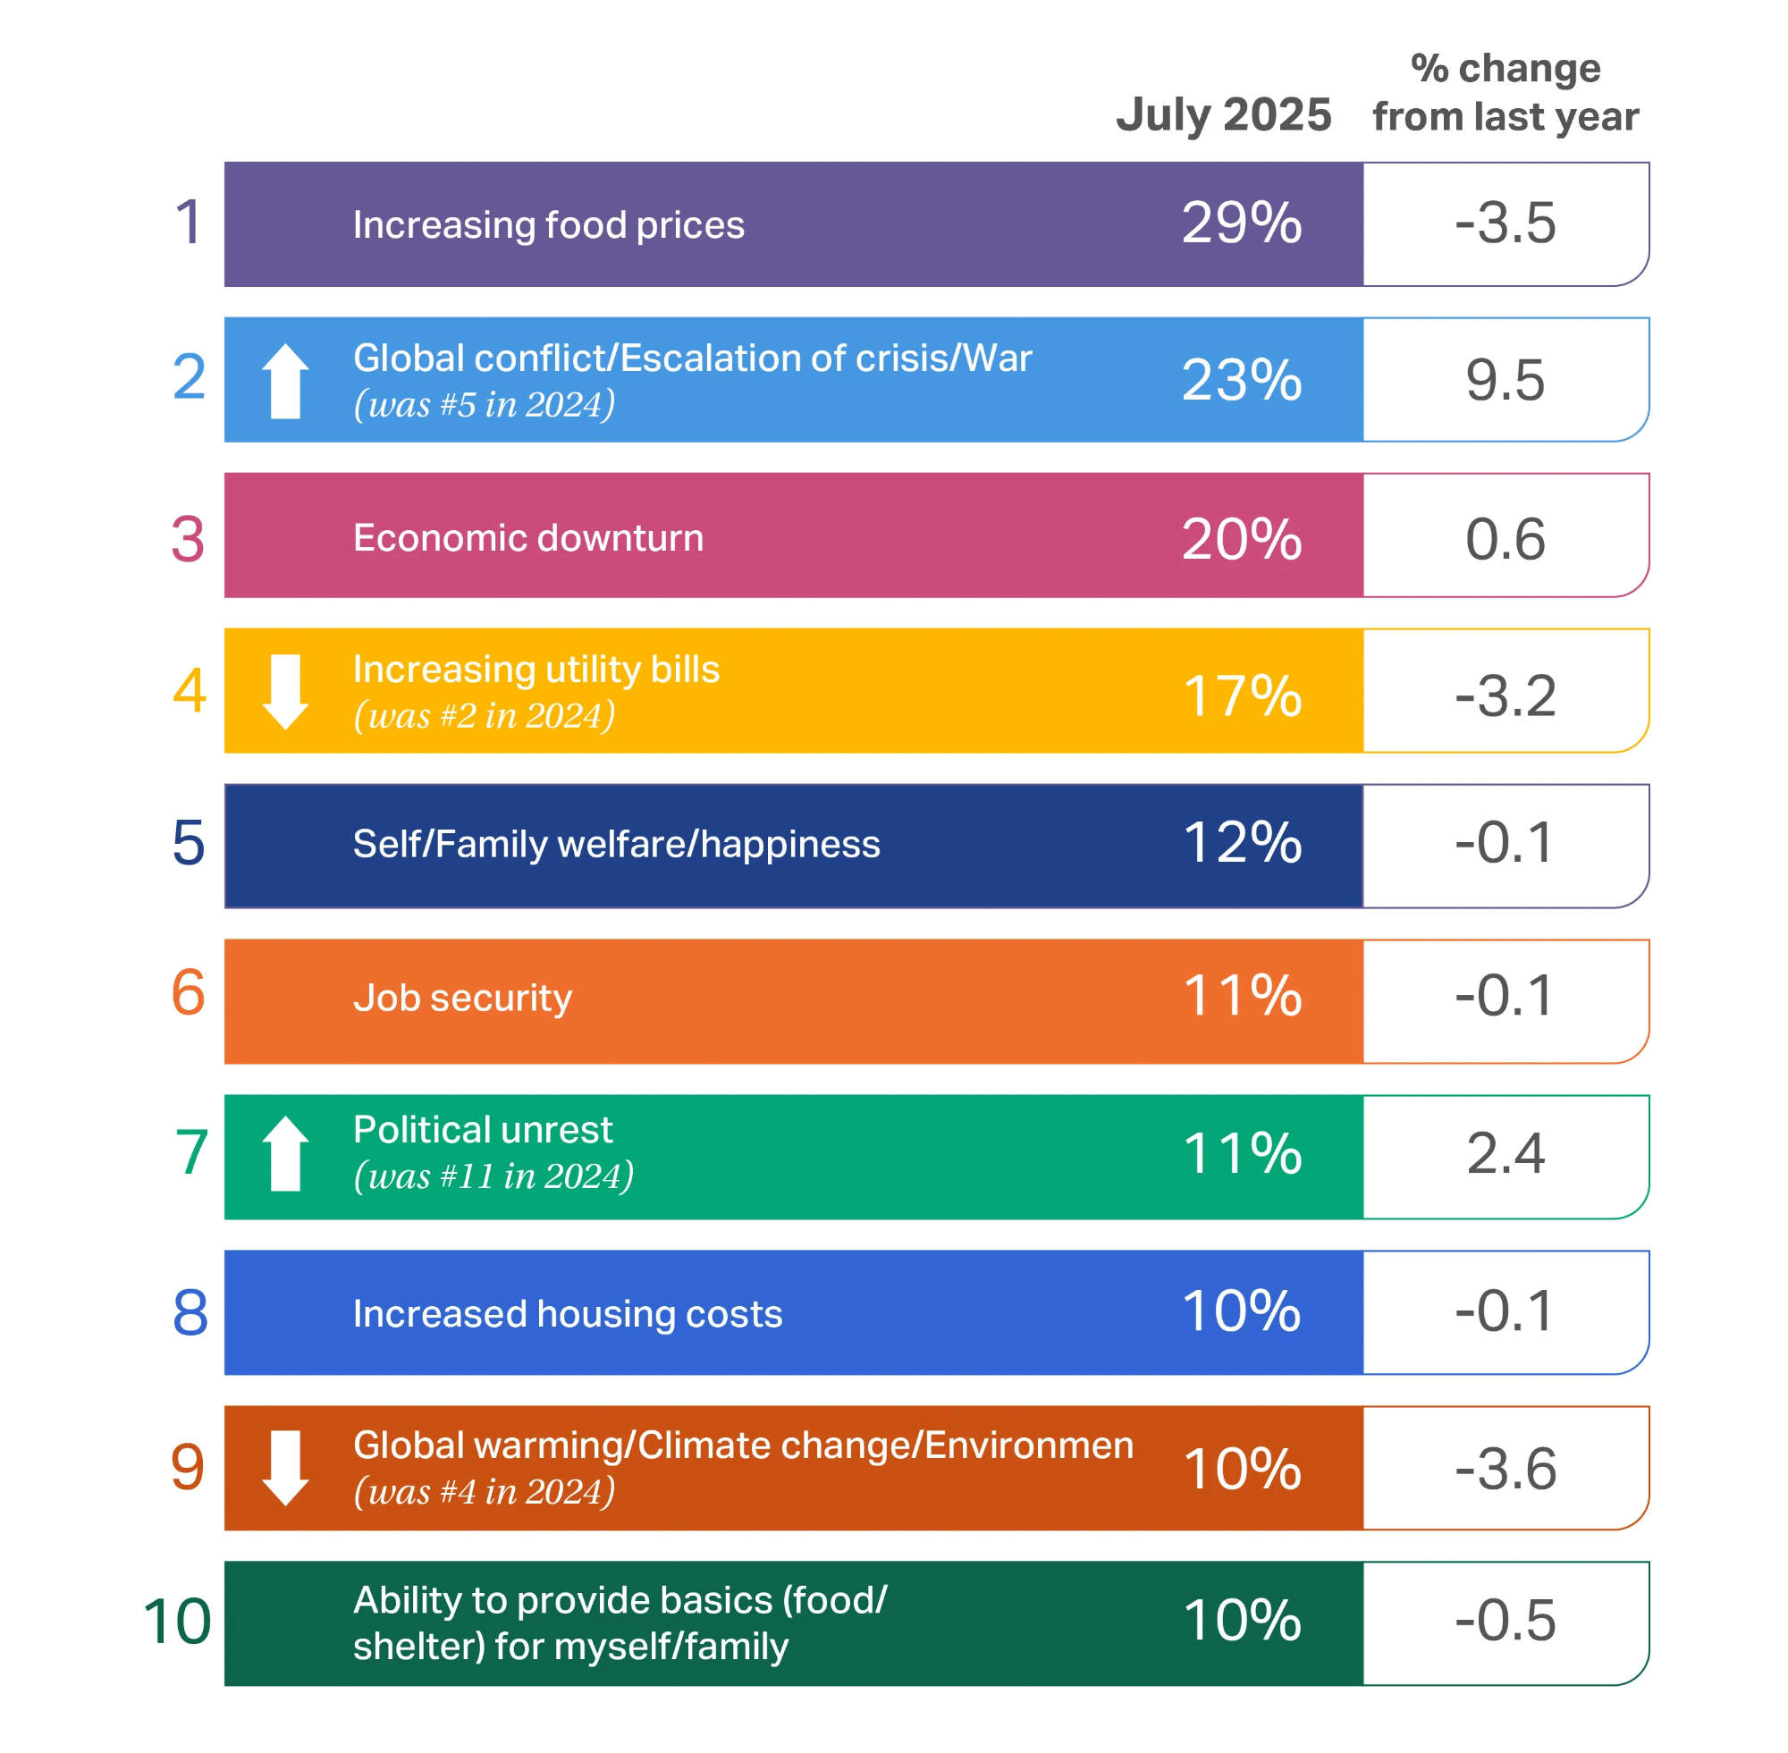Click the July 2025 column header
pyautogui.click(x=1223, y=115)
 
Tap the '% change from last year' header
pyautogui.click(x=1505, y=92)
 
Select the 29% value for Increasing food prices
pyautogui.click(x=1240, y=223)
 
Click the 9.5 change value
pyautogui.click(x=1505, y=380)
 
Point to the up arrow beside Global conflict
pyautogui.click(x=285, y=381)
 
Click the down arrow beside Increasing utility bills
pyautogui.click(x=285, y=691)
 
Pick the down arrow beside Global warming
pyautogui.click(x=285, y=1468)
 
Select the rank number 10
pyautogui.click(x=177, y=1621)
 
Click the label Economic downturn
pyautogui.click(x=527, y=537)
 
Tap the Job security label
pyautogui.click(x=462, y=997)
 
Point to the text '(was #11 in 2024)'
pyautogui.click(x=493, y=1176)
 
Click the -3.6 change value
pyautogui.click(x=1505, y=1469)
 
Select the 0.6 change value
pyautogui.click(x=1505, y=539)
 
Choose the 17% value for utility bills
pyautogui.click(x=1240, y=695)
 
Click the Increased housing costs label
pyautogui.click(x=567, y=1313)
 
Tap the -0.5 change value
pyautogui.click(x=1505, y=1621)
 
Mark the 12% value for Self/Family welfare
pyautogui.click(x=1240, y=842)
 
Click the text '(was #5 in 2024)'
pyautogui.click(x=485, y=404)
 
